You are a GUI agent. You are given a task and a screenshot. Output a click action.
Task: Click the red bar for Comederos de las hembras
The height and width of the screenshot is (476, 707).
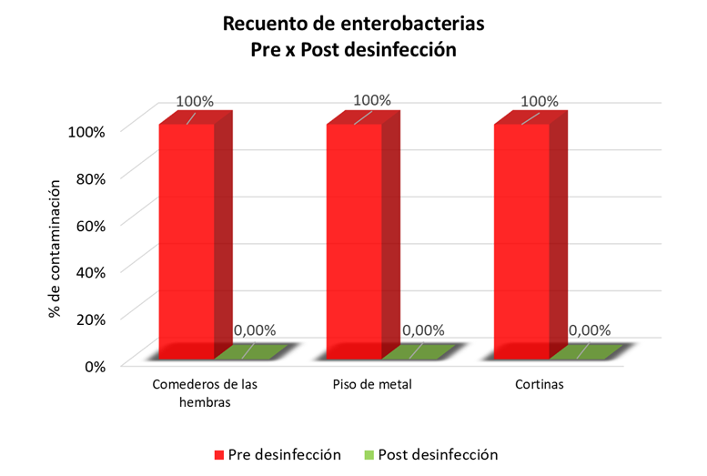tap(187, 241)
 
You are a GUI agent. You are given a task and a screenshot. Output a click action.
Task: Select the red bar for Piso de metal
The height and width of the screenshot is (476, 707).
tap(354, 241)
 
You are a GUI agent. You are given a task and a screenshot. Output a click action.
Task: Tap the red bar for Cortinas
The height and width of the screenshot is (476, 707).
tap(521, 241)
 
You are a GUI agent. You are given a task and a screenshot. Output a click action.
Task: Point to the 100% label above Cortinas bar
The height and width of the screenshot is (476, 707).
tap(540, 101)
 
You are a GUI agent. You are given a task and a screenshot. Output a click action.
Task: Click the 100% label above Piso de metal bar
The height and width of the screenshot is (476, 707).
tap(371, 100)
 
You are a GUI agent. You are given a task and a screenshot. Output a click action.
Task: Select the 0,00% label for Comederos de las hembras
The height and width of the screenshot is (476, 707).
tap(255, 330)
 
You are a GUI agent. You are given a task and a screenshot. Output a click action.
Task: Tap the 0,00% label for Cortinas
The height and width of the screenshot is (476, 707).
tap(590, 330)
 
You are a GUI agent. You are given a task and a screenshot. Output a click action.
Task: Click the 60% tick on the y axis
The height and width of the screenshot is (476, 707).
tap(86, 224)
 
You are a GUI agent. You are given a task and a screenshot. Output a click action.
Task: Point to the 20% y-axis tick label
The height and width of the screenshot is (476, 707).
tap(86, 319)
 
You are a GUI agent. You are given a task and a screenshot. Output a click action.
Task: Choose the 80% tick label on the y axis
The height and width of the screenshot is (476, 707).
tap(86, 177)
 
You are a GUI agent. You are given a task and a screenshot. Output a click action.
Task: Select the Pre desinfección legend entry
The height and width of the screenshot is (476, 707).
tap(278, 454)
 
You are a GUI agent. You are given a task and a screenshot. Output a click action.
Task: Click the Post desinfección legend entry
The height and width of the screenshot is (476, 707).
tap(438, 454)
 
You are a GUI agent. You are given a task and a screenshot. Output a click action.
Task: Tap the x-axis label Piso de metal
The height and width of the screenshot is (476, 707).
tap(371, 385)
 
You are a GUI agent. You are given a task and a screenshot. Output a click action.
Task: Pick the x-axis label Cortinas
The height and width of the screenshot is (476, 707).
tap(539, 385)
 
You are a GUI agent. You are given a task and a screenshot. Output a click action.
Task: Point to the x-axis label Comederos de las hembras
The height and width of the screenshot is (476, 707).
tap(204, 393)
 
